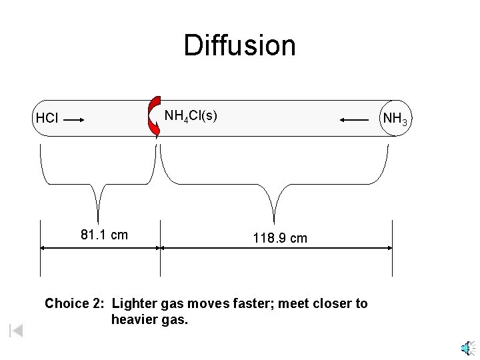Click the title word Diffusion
coord(239,45)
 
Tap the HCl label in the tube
coord(47,119)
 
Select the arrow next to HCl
coord(73,120)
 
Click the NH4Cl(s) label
coord(190,116)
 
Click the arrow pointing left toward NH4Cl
coord(354,120)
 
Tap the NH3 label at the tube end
coord(395,120)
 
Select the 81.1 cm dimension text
coord(104,235)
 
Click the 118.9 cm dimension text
coord(280,238)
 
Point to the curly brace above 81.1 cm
coord(99,183)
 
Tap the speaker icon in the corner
coord(466,349)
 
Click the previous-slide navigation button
coord(16,330)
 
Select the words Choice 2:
coord(74,304)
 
